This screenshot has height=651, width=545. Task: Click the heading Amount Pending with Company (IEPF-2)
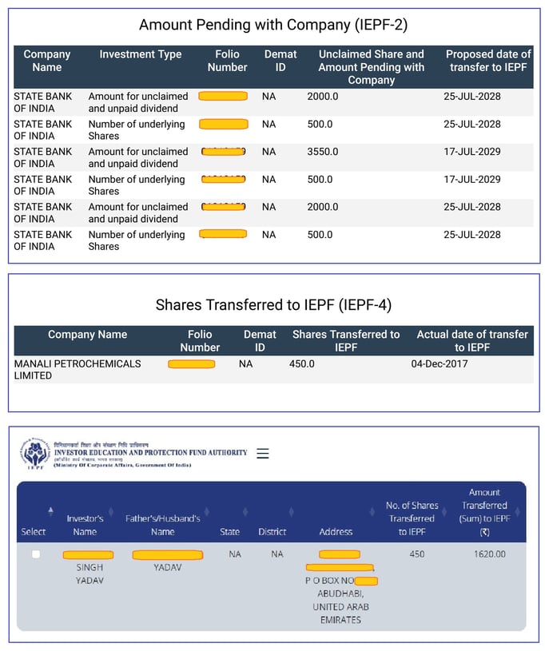coord(273,25)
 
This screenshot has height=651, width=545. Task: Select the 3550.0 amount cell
coord(323,152)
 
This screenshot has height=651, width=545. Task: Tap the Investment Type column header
coord(140,55)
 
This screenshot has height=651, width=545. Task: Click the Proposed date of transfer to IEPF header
coord(488,61)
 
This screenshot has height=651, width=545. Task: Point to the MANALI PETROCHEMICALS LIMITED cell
coord(78,370)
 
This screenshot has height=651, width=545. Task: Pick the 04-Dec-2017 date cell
coord(440,364)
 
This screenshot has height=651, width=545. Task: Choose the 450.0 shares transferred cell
coord(302,364)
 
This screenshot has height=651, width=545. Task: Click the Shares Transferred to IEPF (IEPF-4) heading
coord(273,305)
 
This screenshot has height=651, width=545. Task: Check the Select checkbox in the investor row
coord(35,554)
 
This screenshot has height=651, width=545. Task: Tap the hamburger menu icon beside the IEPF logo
coord(263,454)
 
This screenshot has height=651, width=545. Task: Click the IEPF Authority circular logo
coord(35,454)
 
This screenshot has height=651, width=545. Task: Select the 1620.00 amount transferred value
coord(490,554)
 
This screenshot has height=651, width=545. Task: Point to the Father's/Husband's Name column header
coord(162,525)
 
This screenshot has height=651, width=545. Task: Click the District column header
coord(272,532)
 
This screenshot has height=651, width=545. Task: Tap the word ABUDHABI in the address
coord(340,594)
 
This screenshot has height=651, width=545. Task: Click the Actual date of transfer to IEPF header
coord(471,341)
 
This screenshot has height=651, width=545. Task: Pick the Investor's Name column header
coord(85,525)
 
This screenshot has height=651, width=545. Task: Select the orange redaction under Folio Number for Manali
coord(192,364)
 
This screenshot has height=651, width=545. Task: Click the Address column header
coord(336,532)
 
